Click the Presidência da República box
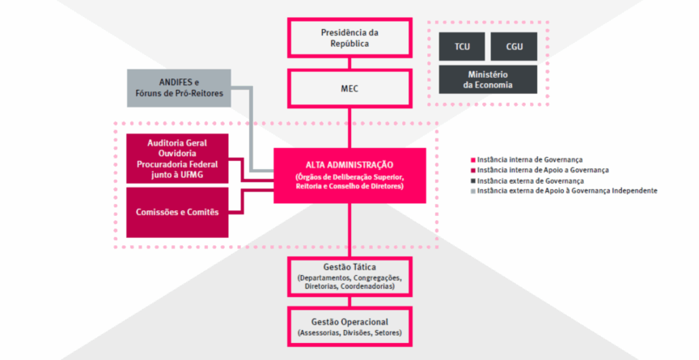[x=349, y=38]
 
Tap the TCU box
[x=462, y=47]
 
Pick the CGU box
[x=514, y=47]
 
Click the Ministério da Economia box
[x=488, y=79]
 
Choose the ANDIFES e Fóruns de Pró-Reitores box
[x=179, y=88]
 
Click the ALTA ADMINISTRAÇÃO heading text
[x=349, y=165]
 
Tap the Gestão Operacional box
[x=349, y=326]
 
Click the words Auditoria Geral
[x=177, y=143]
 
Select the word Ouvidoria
[x=177, y=154]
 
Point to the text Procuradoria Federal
[x=177, y=164]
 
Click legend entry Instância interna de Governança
[x=530, y=159]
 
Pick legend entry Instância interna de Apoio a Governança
[x=543, y=170]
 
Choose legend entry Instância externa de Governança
[x=531, y=180]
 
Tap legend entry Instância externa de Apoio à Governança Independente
[x=566, y=191]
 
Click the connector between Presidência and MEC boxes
[x=349, y=63]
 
